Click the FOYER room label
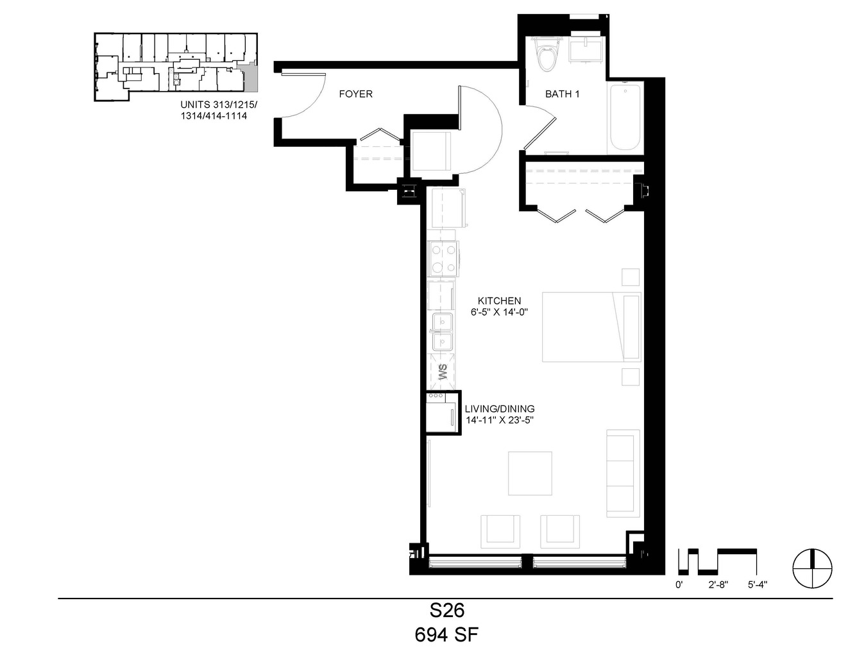[355, 94]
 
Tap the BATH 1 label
[562, 94]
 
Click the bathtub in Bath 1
[625, 117]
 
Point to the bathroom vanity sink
[586, 49]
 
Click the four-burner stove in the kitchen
[443, 259]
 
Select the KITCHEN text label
[499, 300]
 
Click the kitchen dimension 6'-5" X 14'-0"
[499, 312]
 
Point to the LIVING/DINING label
[500, 409]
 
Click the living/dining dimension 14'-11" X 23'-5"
[500, 420]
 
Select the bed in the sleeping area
[591, 327]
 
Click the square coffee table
[530, 473]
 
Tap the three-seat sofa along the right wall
[623, 473]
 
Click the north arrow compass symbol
[813, 568]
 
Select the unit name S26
[447, 611]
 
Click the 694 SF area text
[446, 635]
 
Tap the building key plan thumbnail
[176, 67]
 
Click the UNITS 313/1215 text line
[219, 105]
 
